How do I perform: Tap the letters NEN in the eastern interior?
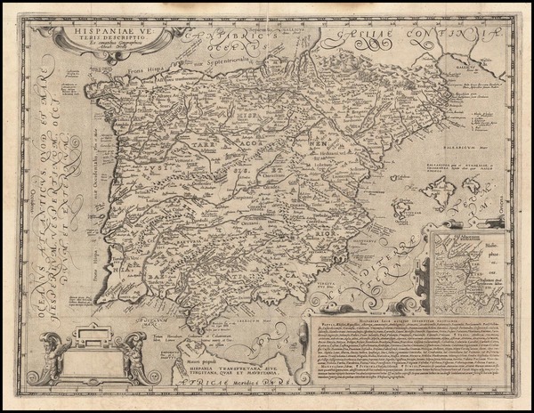(x=317, y=141)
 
